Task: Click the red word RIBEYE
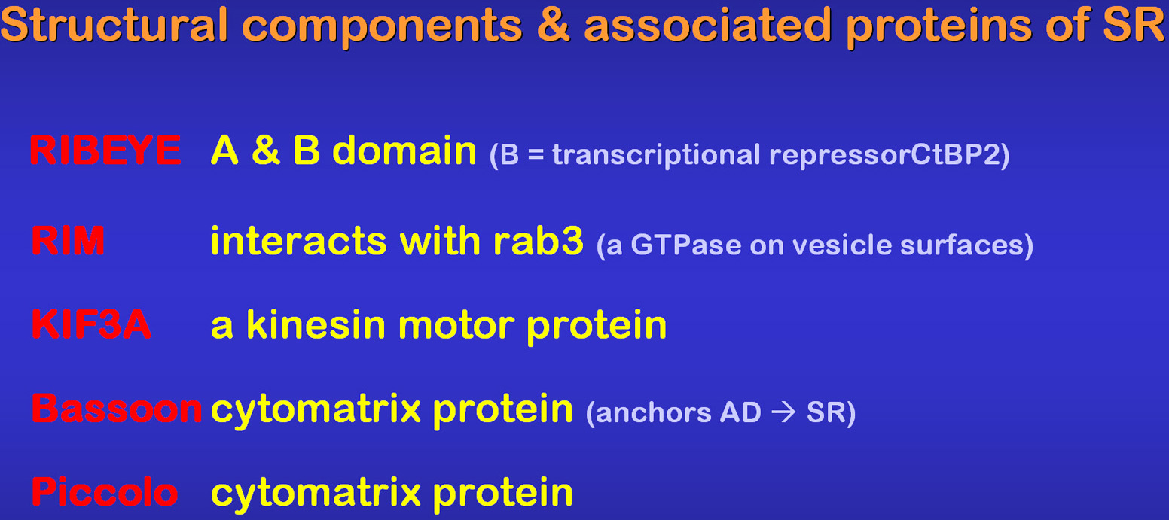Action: click(x=105, y=151)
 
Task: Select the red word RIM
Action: click(x=68, y=241)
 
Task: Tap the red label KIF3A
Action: click(x=91, y=324)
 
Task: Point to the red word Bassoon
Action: click(x=117, y=408)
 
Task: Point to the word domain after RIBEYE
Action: click(x=404, y=151)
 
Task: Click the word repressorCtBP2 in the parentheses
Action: click(x=885, y=155)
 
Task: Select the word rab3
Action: click(x=538, y=241)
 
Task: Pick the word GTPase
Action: click(x=685, y=245)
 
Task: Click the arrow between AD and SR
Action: click(x=783, y=412)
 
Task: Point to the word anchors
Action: click(x=653, y=412)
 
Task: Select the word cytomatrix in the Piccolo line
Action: click(x=315, y=492)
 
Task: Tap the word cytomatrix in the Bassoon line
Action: click(x=315, y=409)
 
